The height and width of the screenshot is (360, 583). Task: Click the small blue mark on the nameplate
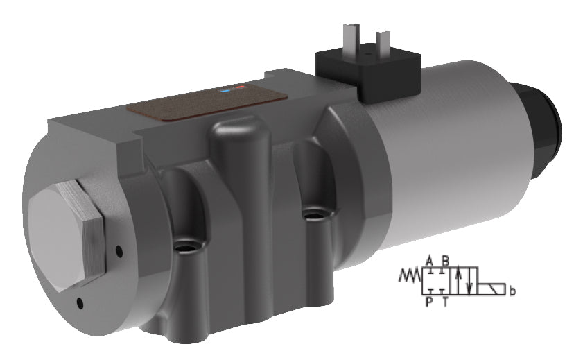(225, 90)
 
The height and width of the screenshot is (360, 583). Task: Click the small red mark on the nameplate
(240, 88)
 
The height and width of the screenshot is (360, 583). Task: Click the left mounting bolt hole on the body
(185, 246)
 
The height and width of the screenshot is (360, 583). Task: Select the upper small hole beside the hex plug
(119, 250)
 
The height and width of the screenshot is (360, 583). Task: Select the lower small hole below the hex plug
(81, 302)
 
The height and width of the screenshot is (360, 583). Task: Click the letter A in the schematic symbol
(430, 260)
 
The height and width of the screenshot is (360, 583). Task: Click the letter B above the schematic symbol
(446, 260)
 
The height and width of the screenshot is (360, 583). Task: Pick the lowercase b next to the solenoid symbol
(512, 292)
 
